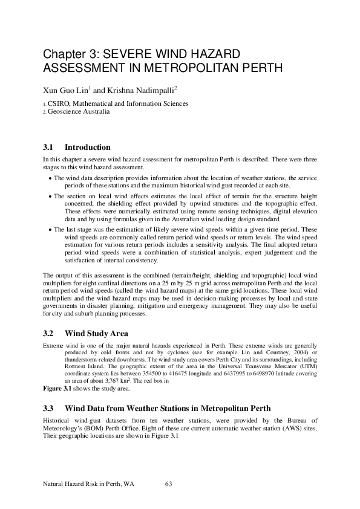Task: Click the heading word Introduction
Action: [x=87, y=147]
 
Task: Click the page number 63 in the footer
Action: [x=169, y=484]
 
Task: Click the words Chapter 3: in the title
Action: [x=67, y=54]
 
